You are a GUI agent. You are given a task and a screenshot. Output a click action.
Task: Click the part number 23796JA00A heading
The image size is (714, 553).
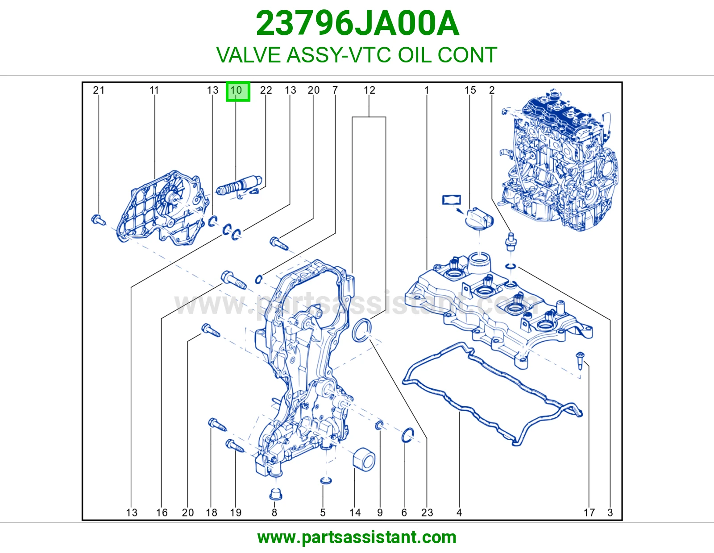click(x=357, y=24)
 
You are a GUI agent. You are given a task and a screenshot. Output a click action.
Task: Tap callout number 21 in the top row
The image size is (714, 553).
click(x=99, y=90)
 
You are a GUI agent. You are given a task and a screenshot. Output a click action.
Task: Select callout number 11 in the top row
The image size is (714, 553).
click(x=154, y=90)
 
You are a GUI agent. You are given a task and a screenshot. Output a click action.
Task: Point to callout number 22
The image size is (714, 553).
click(x=266, y=90)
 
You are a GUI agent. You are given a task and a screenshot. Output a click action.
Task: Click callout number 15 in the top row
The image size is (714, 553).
click(x=470, y=90)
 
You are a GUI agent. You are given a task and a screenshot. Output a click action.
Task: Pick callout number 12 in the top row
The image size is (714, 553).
click(x=369, y=90)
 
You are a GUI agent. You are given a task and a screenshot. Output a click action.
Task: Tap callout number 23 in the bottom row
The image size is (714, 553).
click(x=427, y=512)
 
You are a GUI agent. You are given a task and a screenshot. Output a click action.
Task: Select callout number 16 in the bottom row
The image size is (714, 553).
click(x=162, y=512)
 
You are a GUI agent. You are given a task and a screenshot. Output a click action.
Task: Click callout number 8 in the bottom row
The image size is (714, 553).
click(x=274, y=512)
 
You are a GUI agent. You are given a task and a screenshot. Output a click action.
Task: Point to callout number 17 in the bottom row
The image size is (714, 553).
click(x=589, y=512)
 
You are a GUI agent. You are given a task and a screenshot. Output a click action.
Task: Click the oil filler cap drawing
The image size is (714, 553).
click(x=479, y=219)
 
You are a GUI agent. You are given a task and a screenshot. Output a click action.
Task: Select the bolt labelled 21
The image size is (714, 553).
click(x=98, y=220)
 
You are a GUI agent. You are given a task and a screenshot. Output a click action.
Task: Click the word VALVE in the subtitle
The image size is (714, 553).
click(x=249, y=55)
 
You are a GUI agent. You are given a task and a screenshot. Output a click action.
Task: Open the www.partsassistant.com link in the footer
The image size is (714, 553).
click(x=357, y=537)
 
